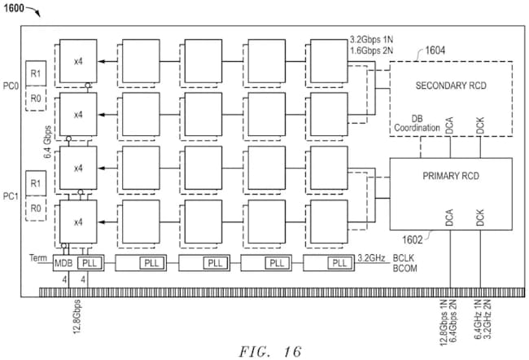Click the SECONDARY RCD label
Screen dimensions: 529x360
(x=451, y=86)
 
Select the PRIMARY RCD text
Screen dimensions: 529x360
(x=451, y=176)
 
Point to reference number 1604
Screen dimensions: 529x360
(x=435, y=50)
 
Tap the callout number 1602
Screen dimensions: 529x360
(x=413, y=239)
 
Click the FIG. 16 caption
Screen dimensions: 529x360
(x=270, y=352)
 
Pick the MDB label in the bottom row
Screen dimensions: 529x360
(x=63, y=263)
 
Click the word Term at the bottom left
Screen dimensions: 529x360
(x=38, y=258)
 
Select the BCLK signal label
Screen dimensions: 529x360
(x=404, y=258)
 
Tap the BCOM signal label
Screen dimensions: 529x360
(x=404, y=269)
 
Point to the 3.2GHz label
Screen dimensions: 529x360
(x=371, y=258)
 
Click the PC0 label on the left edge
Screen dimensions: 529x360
(x=11, y=86)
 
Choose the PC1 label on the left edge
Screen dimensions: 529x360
(x=11, y=196)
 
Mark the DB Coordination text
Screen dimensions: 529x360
(x=417, y=123)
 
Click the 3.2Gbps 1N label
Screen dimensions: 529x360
(x=371, y=40)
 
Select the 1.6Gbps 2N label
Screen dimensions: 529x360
(x=371, y=50)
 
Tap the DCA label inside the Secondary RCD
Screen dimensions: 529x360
(x=449, y=125)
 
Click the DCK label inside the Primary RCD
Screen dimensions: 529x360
(x=480, y=217)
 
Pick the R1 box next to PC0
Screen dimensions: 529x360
(x=36, y=73)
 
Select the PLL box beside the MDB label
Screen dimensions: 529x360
(x=90, y=263)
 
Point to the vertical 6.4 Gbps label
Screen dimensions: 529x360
(x=47, y=142)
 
